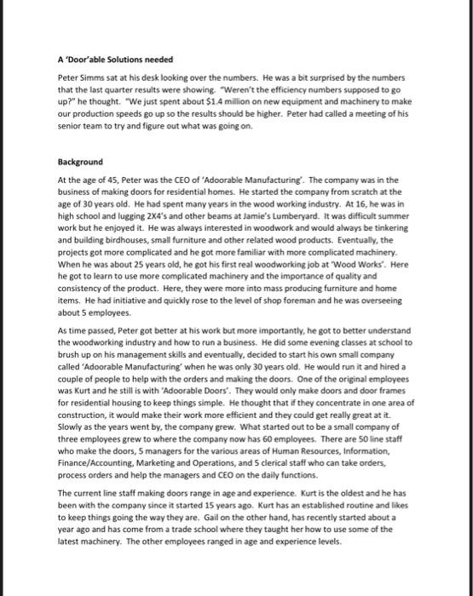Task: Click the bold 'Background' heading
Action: pos(80,161)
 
